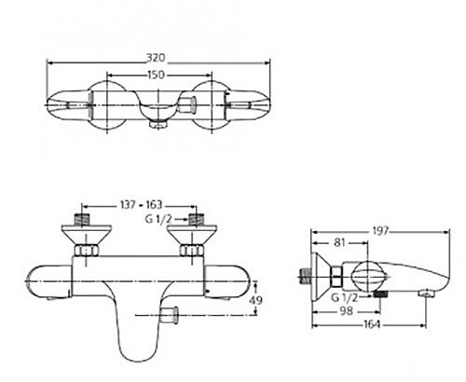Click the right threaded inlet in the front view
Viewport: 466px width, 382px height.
tap(196, 221)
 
